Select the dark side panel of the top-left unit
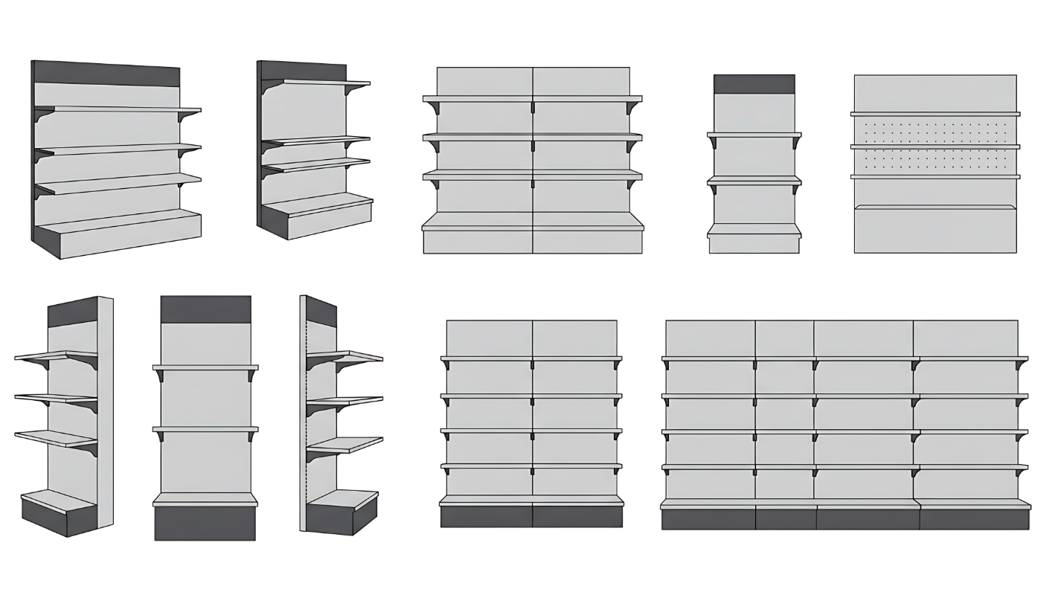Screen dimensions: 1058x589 (33, 149)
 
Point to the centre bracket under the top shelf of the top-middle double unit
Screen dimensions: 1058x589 (533, 107)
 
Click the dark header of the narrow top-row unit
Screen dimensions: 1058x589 (754, 84)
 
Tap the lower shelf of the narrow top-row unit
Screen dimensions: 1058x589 (754, 180)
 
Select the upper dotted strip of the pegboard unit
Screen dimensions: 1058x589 (934, 131)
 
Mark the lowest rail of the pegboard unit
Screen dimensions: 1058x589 (934, 177)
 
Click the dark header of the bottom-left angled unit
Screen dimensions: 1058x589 (72, 313)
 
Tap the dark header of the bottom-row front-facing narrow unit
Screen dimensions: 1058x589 (205, 309)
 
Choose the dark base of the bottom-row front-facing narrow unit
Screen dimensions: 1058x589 (205, 523)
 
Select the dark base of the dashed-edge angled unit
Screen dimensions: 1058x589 (339, 518)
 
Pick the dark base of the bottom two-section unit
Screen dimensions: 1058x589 (531, 516)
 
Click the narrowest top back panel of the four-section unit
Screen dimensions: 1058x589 (784, 338)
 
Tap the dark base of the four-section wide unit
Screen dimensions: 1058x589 (845, 518)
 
